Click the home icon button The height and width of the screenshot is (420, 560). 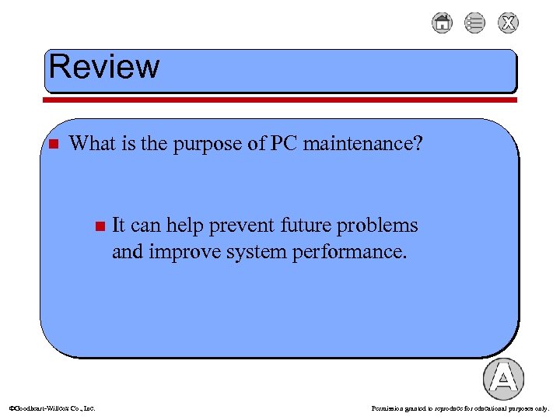[x=442, y=23]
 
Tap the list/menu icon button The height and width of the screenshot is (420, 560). [x=474, y=23]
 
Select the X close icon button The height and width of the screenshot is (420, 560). [x=508, y=23]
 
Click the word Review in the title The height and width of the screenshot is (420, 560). [x=103, y=67]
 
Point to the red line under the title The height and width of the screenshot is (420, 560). [x=280, y=100]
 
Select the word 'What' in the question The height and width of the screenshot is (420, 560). [x=91, y=144]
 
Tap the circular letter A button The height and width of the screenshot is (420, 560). [x=503, y=379]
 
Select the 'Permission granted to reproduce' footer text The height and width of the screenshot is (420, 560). [x=460, y=408]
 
